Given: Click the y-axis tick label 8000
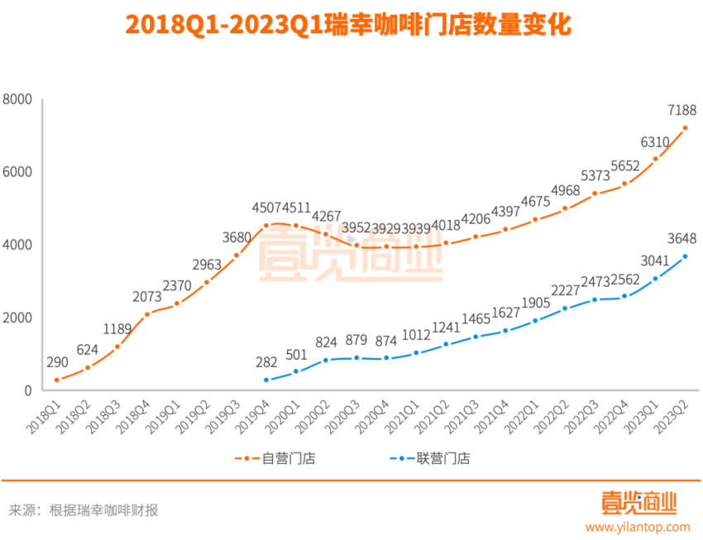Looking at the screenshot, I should [17, 99].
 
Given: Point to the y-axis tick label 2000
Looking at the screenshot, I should [17, 318].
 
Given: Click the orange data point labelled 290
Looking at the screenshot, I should [56, 380].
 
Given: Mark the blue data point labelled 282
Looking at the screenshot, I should [266, 380].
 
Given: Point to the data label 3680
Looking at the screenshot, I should [237, 237].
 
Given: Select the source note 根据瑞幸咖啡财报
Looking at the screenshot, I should [103, 510].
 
